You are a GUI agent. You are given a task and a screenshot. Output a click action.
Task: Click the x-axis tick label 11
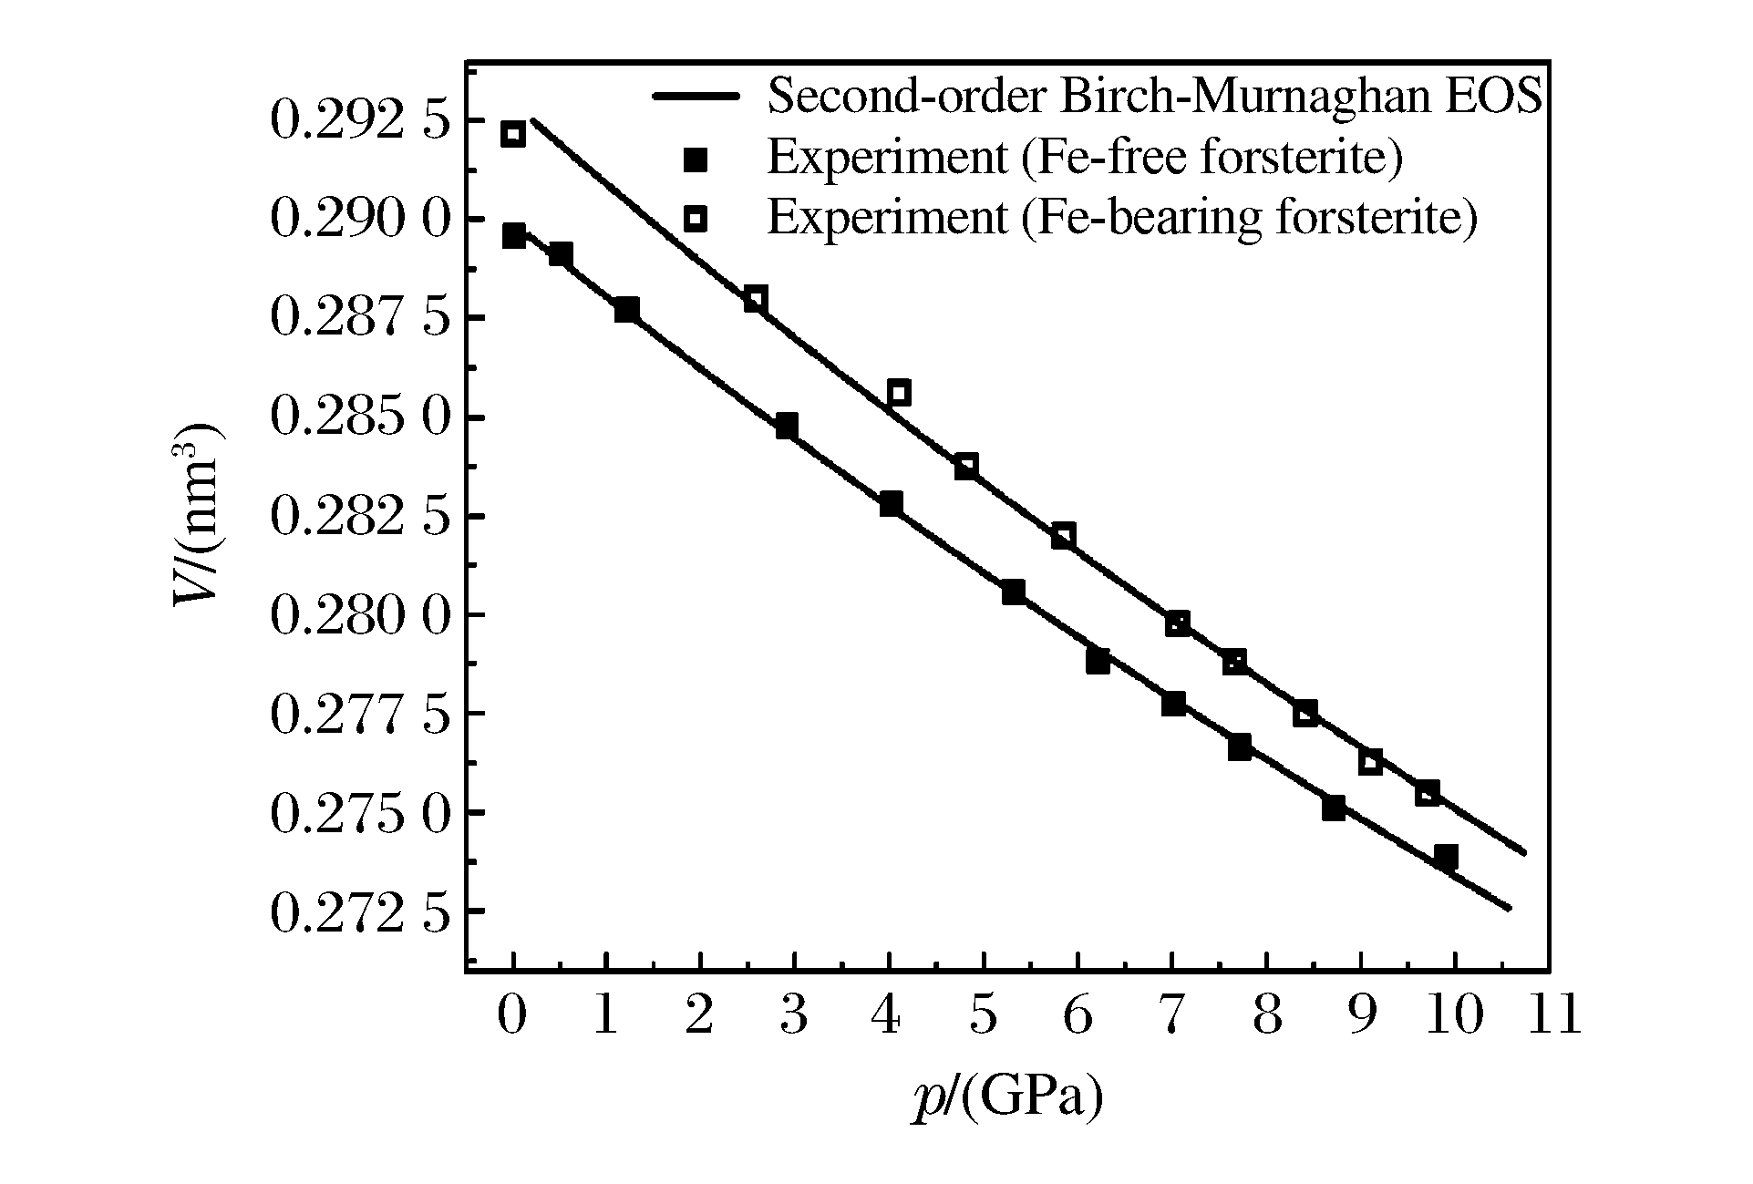1551,1014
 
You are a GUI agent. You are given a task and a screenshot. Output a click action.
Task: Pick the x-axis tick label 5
983,1014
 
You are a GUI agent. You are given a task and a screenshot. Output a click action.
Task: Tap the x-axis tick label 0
512,1014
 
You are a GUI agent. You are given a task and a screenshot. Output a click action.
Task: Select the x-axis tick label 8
1267,1014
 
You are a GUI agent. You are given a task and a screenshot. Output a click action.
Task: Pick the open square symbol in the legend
696,219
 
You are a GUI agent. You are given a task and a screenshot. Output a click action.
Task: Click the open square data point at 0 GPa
513,134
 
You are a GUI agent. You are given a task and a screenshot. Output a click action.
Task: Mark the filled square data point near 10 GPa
1445,856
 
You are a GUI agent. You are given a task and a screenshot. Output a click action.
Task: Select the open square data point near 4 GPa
899,393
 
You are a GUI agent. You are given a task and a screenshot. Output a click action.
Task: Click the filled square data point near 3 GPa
787,426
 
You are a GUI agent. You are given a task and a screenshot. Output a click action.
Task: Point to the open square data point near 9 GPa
1370,761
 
